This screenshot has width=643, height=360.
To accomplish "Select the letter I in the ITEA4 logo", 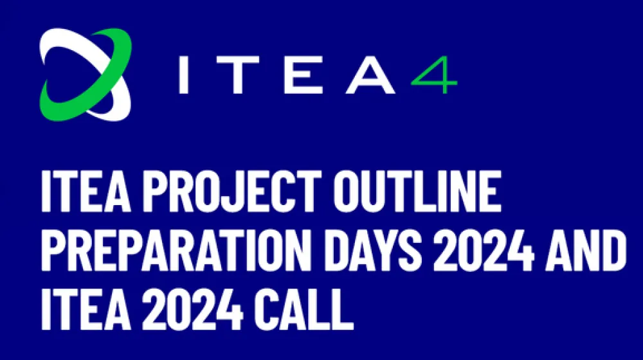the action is [x=184, y=75].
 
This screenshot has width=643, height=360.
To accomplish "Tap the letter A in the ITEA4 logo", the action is [x=371, y=75].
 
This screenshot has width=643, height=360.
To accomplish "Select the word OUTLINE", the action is [x=417, y=191].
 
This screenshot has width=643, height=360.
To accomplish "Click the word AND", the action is [x=586, y=251].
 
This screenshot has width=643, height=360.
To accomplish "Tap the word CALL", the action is [x=303, y=309].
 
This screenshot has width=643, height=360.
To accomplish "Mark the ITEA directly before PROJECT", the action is [x=86, y=191].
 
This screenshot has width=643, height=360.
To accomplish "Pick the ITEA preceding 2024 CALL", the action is [x=86, y=309].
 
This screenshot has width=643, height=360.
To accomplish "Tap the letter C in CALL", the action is [x=267, y=309].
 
